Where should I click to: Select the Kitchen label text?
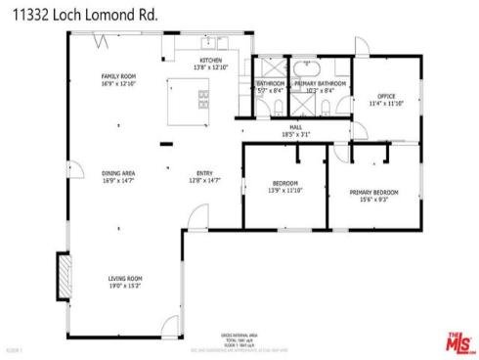(212, 64)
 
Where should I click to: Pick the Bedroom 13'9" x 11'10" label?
(285, 187)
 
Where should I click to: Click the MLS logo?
(457, 343)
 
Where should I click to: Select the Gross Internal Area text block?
(239, 338)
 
